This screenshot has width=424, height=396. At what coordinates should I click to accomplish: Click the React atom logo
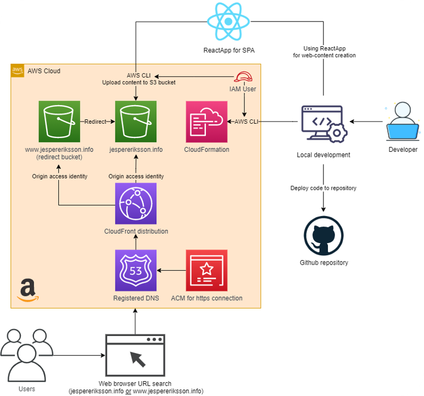tap(229, 22)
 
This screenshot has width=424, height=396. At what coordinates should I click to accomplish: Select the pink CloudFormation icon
tap(207, 121)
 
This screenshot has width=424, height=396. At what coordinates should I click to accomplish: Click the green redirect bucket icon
tap(59, 121)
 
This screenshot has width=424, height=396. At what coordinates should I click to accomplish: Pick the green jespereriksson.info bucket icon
tap(135, 121)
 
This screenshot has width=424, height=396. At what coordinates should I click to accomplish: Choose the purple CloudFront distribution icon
tap(135, 203)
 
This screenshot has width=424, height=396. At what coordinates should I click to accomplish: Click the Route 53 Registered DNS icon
tap(135, 270)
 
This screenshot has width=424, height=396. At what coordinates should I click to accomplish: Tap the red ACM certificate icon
tap(207, 270)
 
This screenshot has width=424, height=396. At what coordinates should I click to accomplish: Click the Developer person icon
tap(403, 122)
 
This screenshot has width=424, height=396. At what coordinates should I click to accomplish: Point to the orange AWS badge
tap(18, 71)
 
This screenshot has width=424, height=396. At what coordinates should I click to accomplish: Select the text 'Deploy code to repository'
tap(323, 188)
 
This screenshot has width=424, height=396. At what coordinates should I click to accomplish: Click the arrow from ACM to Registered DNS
tap(171, 270)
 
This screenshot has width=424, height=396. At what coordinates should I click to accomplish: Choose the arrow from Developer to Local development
tap(366, 122)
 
